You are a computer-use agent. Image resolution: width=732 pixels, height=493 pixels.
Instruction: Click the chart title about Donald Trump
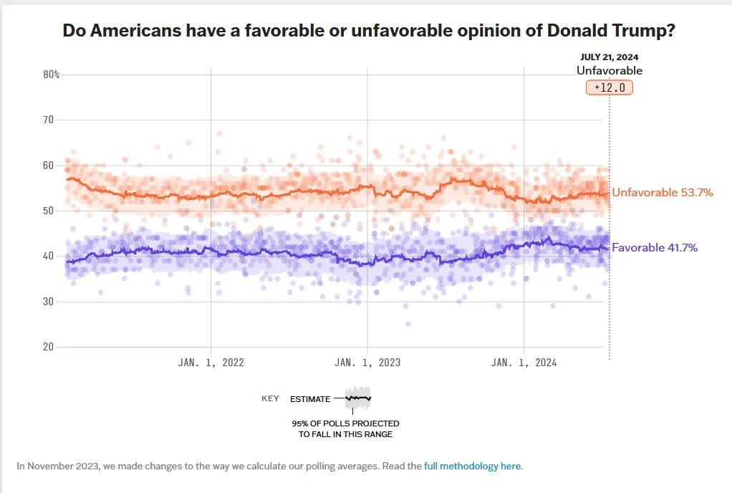pos(369,31)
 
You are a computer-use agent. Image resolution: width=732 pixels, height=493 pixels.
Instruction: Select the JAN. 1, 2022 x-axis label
pos(211,363)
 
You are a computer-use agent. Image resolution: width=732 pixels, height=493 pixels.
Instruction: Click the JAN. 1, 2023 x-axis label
pos(367,363)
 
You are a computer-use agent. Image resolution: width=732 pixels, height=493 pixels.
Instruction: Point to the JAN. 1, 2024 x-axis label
pos(524,363)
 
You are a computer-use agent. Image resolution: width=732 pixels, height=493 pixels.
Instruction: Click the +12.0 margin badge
pos(610,87)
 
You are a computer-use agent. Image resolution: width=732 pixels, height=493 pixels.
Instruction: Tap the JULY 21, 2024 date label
pos(610,57)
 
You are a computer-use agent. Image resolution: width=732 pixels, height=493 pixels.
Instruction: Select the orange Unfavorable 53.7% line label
pos(662,193)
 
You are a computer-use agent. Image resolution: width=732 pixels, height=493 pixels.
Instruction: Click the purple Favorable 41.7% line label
pos(654,248)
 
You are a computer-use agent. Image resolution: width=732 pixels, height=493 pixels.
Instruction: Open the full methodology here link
pos(473,466)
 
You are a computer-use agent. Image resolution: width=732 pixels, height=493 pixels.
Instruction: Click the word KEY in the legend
pos(270,398)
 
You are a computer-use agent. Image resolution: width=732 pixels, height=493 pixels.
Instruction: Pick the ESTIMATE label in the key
pos(310,399)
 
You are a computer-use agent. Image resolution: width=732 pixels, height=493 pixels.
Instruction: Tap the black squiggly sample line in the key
pos(358,398)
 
